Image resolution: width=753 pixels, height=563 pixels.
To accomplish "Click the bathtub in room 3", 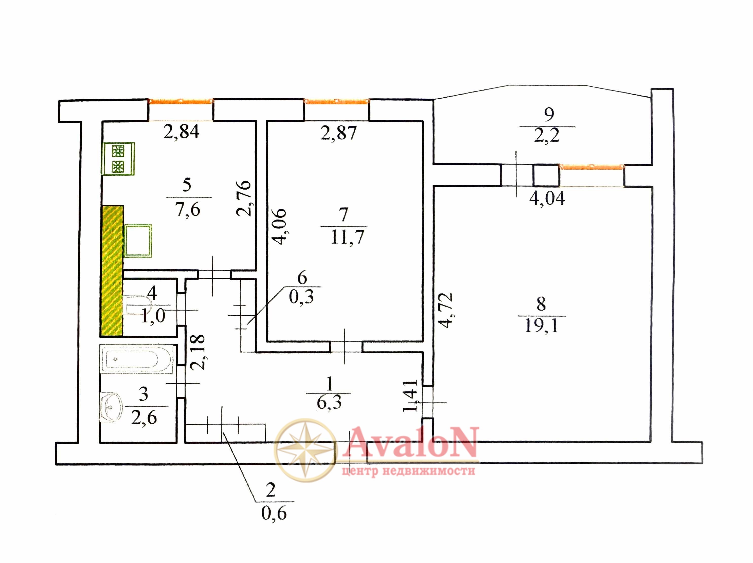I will click(137, 359).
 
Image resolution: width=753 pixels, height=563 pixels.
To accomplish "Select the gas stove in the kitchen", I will click(118, 159).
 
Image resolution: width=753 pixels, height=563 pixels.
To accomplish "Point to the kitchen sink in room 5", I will click(138, 240).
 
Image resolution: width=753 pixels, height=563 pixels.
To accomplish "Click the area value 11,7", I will click(347, 237).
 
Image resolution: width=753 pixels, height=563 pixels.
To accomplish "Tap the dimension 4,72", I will click(446, 310).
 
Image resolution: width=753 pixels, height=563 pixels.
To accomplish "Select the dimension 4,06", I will click(280, 226).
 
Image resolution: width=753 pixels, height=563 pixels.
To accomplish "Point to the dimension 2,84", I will click(181, 132).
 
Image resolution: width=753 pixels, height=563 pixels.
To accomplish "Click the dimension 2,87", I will click(338, 133).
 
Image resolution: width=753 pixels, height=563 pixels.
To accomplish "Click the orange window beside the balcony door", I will click(592, 167).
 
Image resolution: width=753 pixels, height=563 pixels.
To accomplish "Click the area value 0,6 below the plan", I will click(274, 513).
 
